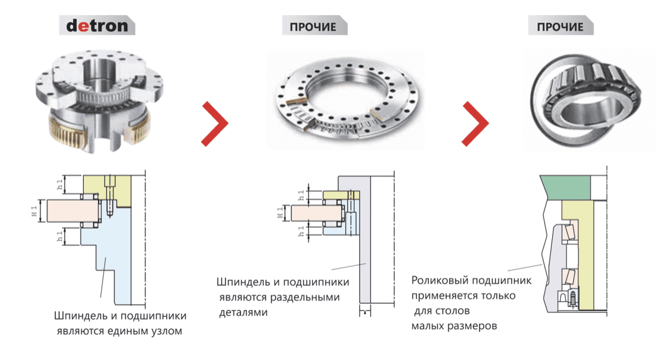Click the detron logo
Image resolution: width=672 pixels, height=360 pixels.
pos(97,26)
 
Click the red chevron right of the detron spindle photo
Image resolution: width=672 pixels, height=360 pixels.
pos(215,124)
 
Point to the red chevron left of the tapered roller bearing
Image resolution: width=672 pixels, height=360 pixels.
pos(475,124)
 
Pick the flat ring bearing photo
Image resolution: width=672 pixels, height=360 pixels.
pos(345,101)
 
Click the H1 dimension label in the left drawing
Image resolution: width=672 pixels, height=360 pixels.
pos(34,211)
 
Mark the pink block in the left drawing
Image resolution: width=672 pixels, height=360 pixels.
pos(73,211)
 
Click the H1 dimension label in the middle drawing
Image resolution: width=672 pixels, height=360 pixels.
pos(280,213)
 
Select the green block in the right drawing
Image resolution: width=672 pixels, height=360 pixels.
pos(565,187)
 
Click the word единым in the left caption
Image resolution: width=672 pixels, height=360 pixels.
pos(127,331)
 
